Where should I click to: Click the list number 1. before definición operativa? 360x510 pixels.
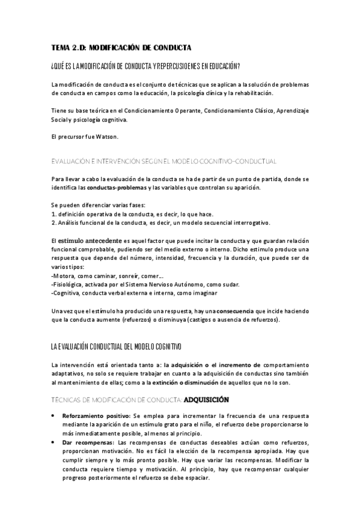point(54,215)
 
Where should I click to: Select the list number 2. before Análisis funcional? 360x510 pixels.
point(54,223)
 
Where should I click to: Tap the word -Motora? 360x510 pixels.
point(63,275)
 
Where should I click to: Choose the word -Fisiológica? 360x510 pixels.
point(68,284)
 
